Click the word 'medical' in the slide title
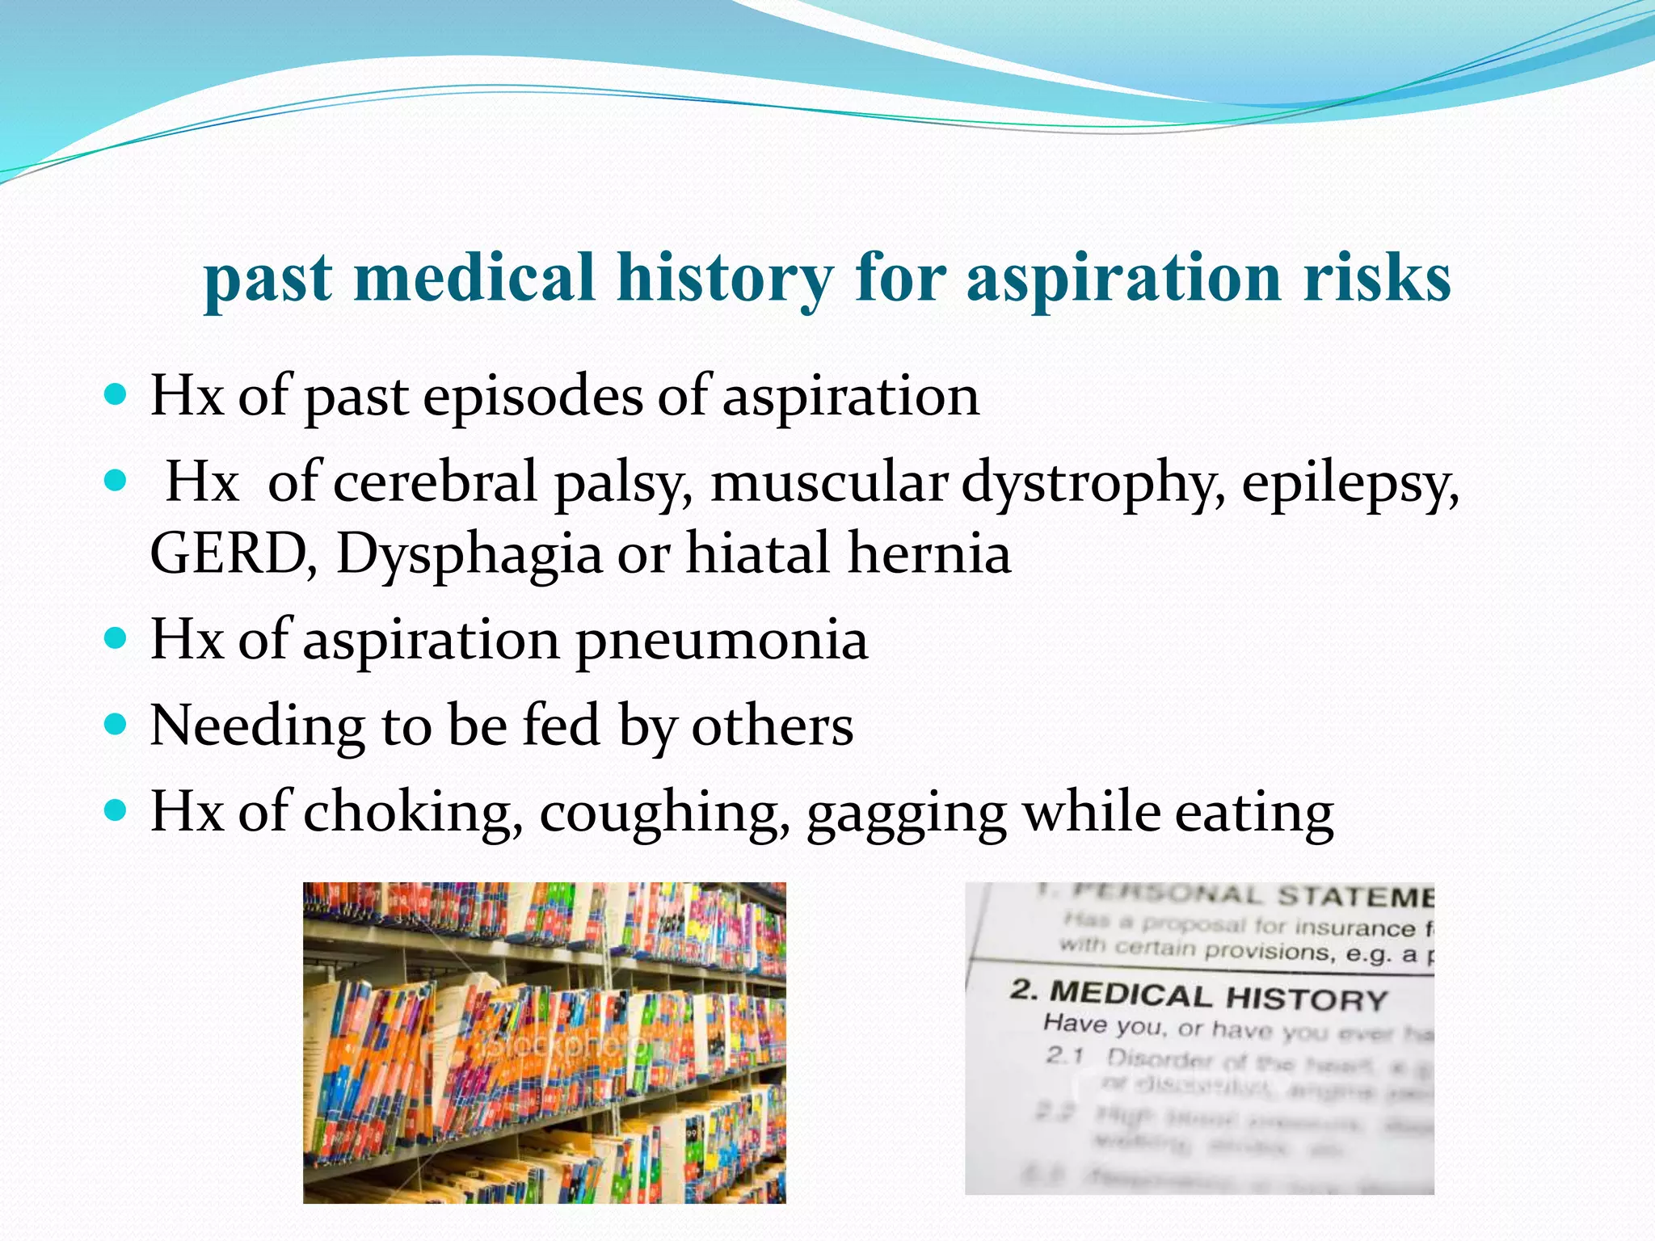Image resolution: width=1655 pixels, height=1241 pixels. pos(475,277)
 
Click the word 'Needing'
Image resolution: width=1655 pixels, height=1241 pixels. pos(257,726)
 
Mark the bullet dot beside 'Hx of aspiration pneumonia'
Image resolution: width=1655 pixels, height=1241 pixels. pos(116,637)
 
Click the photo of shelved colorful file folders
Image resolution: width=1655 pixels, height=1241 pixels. pos(544,1042)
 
